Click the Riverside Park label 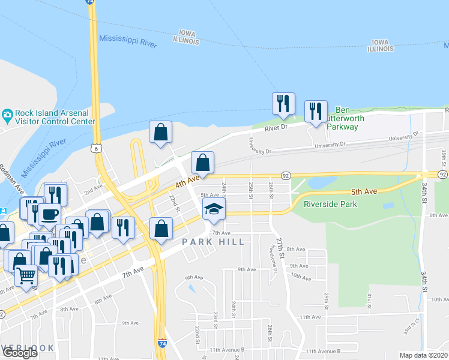330,204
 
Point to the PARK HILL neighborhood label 214,242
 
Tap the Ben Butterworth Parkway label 343,118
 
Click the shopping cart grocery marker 26,275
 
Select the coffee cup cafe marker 49,214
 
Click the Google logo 20,353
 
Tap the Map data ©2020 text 424,355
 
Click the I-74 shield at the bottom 163,343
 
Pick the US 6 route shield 95,147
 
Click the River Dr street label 277,127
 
